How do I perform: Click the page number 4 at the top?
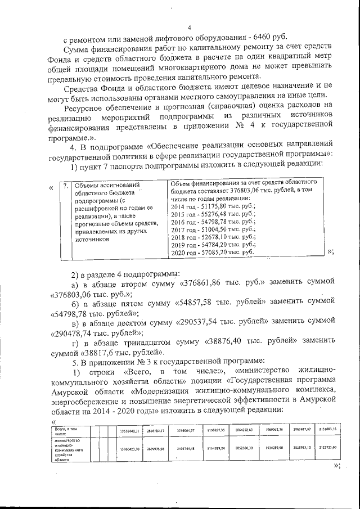pyautogui.click(x=190, y=28)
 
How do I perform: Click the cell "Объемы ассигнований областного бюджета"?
pyautogui.click(x=107, y=188)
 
